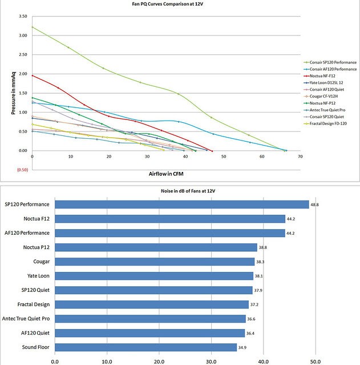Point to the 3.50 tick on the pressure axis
[23, 16]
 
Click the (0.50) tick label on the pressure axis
[22, 170]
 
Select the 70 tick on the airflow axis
[300, 156]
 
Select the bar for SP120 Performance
[181, 204]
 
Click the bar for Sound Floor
[145, 347]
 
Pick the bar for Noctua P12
[156, 247]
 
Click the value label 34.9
[242, 347]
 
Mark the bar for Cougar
[154, 261]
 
